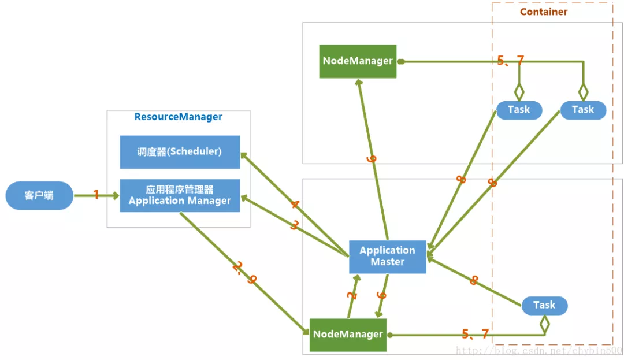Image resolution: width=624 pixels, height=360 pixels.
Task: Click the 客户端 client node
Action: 39,195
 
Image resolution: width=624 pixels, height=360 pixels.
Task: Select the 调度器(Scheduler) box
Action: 180,152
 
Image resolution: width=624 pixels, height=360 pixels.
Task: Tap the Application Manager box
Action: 180,195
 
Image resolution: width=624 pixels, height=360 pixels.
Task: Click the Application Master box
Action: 387,257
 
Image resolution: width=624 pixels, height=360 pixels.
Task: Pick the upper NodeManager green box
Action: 358,61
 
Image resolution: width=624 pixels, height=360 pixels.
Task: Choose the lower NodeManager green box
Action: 348,335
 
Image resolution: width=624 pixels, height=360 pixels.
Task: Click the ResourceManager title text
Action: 178,117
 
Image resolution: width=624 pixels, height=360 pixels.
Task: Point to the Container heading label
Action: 544,12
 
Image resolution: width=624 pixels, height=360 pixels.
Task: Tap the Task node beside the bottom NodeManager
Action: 544,305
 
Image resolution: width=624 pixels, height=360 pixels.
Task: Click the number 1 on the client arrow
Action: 96,195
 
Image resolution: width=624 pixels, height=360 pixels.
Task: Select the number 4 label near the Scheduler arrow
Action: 295,205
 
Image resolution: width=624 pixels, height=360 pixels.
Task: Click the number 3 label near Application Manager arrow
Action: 294,225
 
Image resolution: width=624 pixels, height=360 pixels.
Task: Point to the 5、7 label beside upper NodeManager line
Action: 511,60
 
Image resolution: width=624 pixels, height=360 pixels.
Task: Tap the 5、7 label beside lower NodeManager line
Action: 476,334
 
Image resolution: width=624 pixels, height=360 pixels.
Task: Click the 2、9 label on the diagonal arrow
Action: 244,273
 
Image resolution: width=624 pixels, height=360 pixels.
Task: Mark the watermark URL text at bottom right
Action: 538,350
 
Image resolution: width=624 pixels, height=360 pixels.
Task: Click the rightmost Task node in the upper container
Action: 583,110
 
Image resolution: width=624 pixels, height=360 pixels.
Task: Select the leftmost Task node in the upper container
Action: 519,110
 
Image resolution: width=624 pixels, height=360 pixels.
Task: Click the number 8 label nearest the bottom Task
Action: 474,281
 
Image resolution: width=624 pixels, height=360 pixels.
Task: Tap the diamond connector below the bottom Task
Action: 544,325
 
